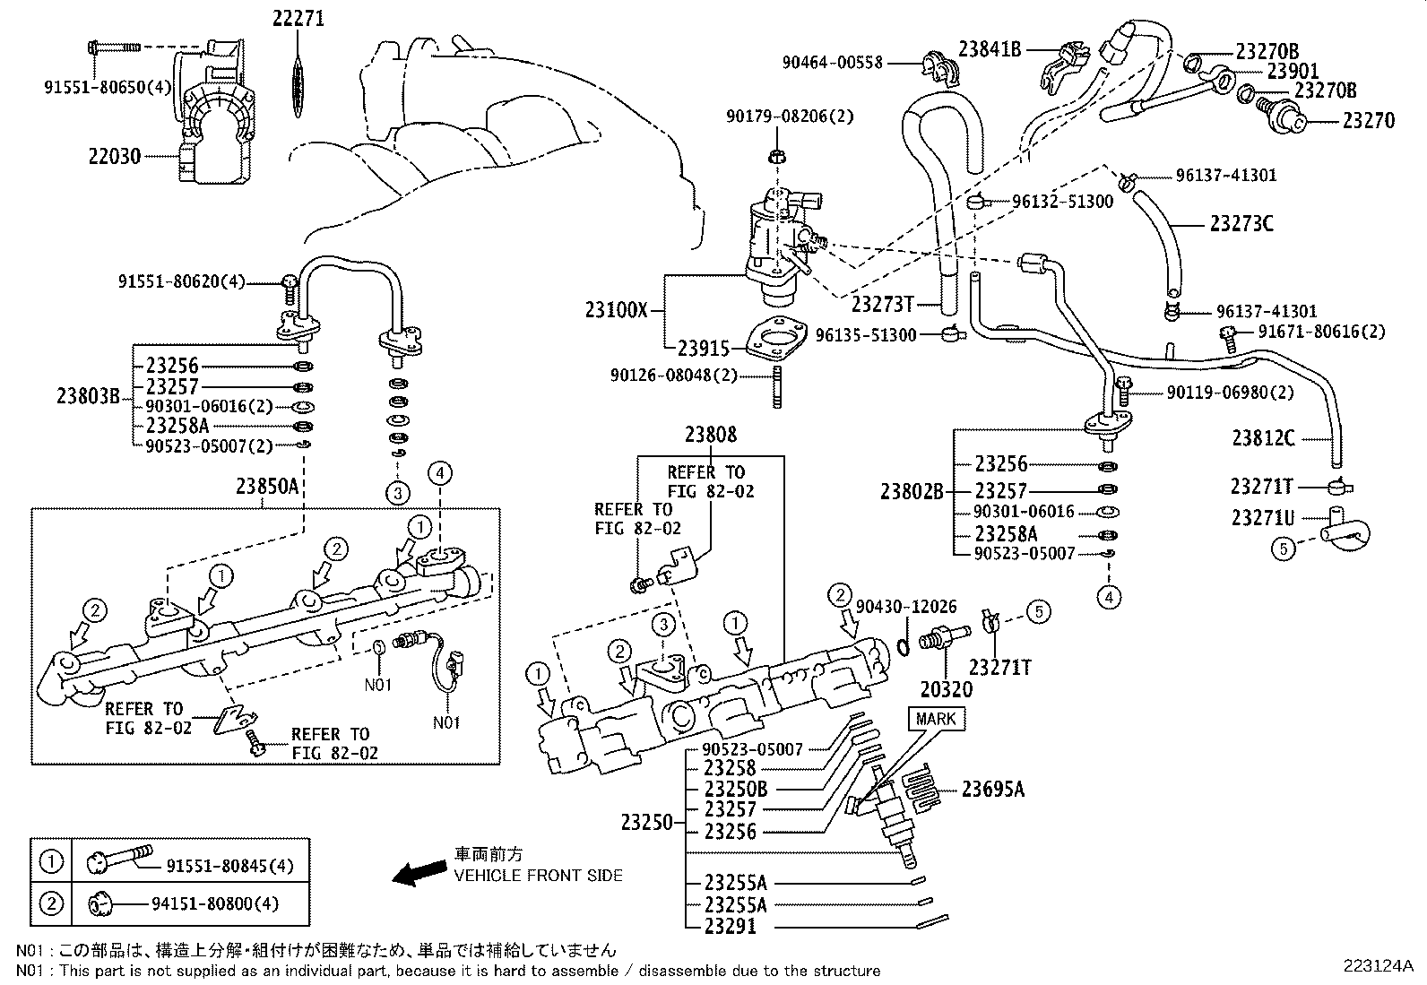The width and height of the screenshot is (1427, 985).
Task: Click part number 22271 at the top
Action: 298,18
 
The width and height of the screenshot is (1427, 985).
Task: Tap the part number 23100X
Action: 616,310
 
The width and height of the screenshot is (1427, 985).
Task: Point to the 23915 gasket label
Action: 704,349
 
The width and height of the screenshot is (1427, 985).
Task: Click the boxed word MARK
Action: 935,719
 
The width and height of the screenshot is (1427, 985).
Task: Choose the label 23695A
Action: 993,789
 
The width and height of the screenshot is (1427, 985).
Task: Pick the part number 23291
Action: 730,927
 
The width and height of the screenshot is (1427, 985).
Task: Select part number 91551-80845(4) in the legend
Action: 229,866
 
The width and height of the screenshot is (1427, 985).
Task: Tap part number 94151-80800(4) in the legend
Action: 221,904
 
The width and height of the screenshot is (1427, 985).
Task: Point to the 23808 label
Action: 711,435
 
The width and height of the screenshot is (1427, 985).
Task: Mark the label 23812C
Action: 1263,438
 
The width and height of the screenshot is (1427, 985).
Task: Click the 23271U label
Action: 1262,517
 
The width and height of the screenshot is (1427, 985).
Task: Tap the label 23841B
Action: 990,49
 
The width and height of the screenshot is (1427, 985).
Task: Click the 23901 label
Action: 1293,71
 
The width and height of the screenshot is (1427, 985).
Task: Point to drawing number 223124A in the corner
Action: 1378,966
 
